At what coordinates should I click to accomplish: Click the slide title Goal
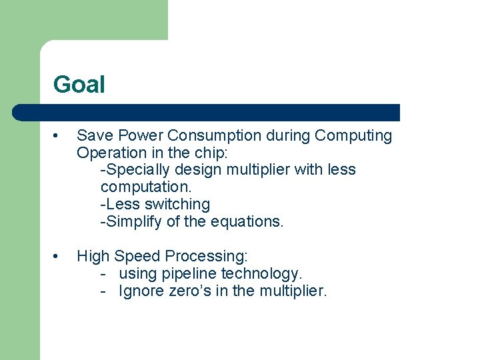pos(79,85)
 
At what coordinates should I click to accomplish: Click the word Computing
pos(353,136)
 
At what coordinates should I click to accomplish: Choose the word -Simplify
pos(131,222)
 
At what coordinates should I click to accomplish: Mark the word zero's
pos(187,291)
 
